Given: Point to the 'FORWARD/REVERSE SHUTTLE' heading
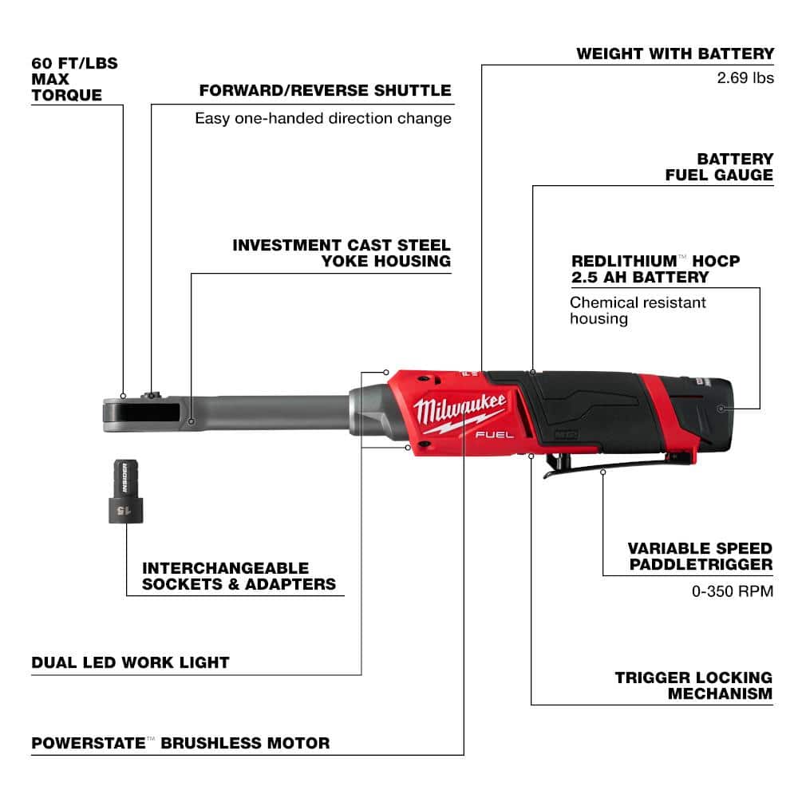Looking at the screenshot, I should (325, 90).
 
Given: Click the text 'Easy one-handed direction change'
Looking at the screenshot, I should (323, 118).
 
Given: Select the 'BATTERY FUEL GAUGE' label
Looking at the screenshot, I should (720, 167).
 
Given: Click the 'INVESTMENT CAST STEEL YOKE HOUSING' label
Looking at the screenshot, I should (342, 253).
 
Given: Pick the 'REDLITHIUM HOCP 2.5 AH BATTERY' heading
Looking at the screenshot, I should (655, 270).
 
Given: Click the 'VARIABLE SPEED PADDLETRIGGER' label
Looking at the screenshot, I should (699, 556).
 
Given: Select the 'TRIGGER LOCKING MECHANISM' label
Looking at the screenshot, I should (693, 685).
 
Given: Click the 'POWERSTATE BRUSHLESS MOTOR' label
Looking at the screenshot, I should (180, 743).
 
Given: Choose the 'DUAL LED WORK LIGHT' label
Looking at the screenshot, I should (130, 662).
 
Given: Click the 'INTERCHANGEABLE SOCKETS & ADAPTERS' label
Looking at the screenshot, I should (239, 576).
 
